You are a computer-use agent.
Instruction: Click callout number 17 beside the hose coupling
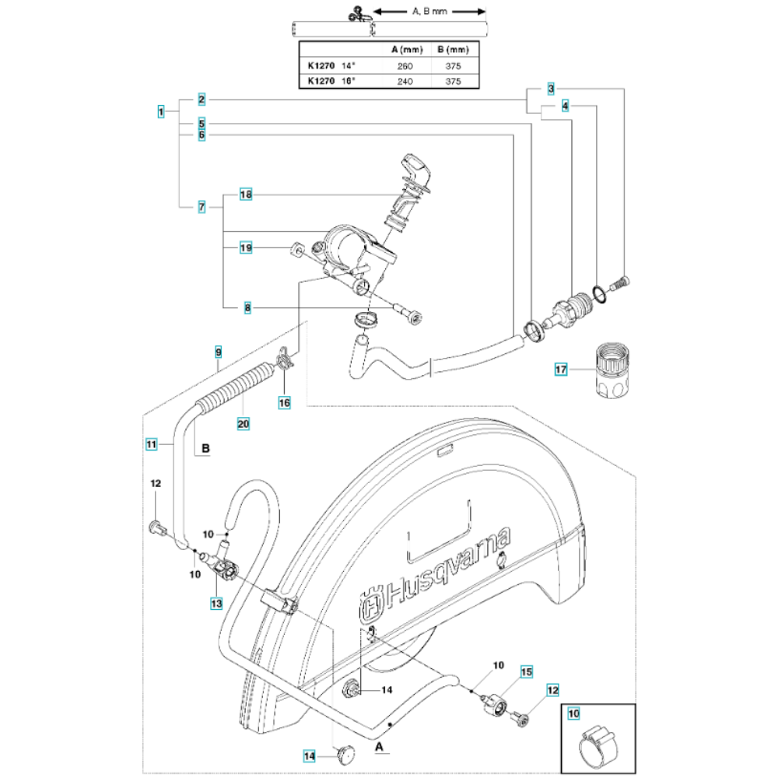561,371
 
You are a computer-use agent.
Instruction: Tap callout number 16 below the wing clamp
284,401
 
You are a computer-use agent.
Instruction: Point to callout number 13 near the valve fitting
216,602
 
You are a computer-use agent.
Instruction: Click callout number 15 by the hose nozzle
525,671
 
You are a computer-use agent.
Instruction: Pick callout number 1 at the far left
160,111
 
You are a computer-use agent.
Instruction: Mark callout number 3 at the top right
550,88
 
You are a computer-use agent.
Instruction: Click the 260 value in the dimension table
405,65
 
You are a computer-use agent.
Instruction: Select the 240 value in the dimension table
405,81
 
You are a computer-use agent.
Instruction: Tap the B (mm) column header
454,51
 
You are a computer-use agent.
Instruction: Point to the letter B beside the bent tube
206,448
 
